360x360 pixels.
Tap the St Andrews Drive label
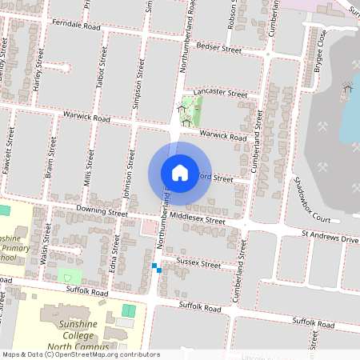(330, 238)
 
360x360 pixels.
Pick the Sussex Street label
(197, 263)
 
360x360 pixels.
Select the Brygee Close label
(321, 49)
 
